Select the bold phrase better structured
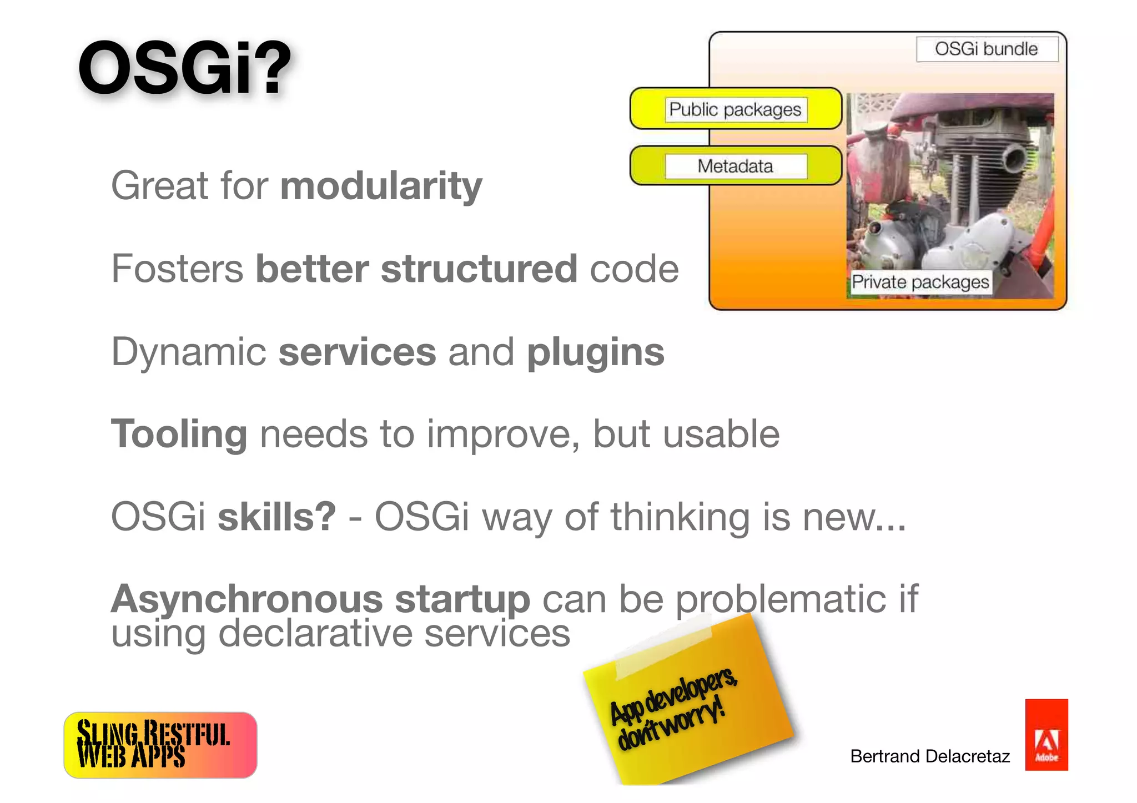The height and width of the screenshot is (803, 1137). [416, 269]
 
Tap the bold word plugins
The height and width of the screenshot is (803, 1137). [595, 353]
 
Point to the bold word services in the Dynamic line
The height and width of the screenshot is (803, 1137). [357, 353]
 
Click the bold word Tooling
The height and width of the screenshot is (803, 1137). [179, 435]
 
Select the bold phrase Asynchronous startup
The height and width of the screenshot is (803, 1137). [320, 599]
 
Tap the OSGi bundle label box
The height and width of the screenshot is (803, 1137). [987, 49]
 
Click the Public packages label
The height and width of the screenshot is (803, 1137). [735, 109]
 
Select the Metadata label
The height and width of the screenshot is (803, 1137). [735, 166]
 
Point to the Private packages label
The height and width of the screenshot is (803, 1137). [920, 282]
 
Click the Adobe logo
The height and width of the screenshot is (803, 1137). [1046, 734]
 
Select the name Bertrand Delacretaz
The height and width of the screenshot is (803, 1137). [929, 756]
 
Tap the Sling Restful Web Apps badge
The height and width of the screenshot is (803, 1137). [160, 745]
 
